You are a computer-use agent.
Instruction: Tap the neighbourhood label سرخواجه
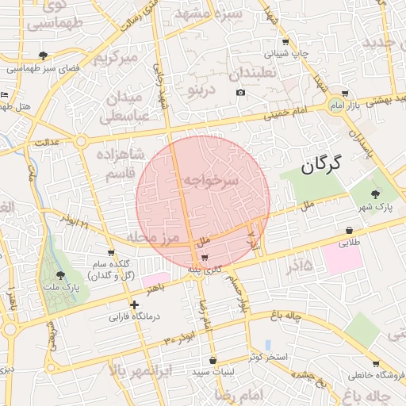212,181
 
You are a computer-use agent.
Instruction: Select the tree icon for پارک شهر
375,193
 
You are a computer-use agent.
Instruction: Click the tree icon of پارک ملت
60,274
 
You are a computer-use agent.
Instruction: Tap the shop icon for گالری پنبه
205,258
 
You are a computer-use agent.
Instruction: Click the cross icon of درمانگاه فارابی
135,304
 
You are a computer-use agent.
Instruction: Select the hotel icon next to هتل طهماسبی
6,94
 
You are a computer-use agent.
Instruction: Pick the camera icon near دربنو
240,93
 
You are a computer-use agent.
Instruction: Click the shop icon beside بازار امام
344,94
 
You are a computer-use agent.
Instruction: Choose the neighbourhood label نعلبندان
253,74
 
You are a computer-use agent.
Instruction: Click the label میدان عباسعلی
124,106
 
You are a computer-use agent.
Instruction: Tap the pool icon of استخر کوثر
267,345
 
